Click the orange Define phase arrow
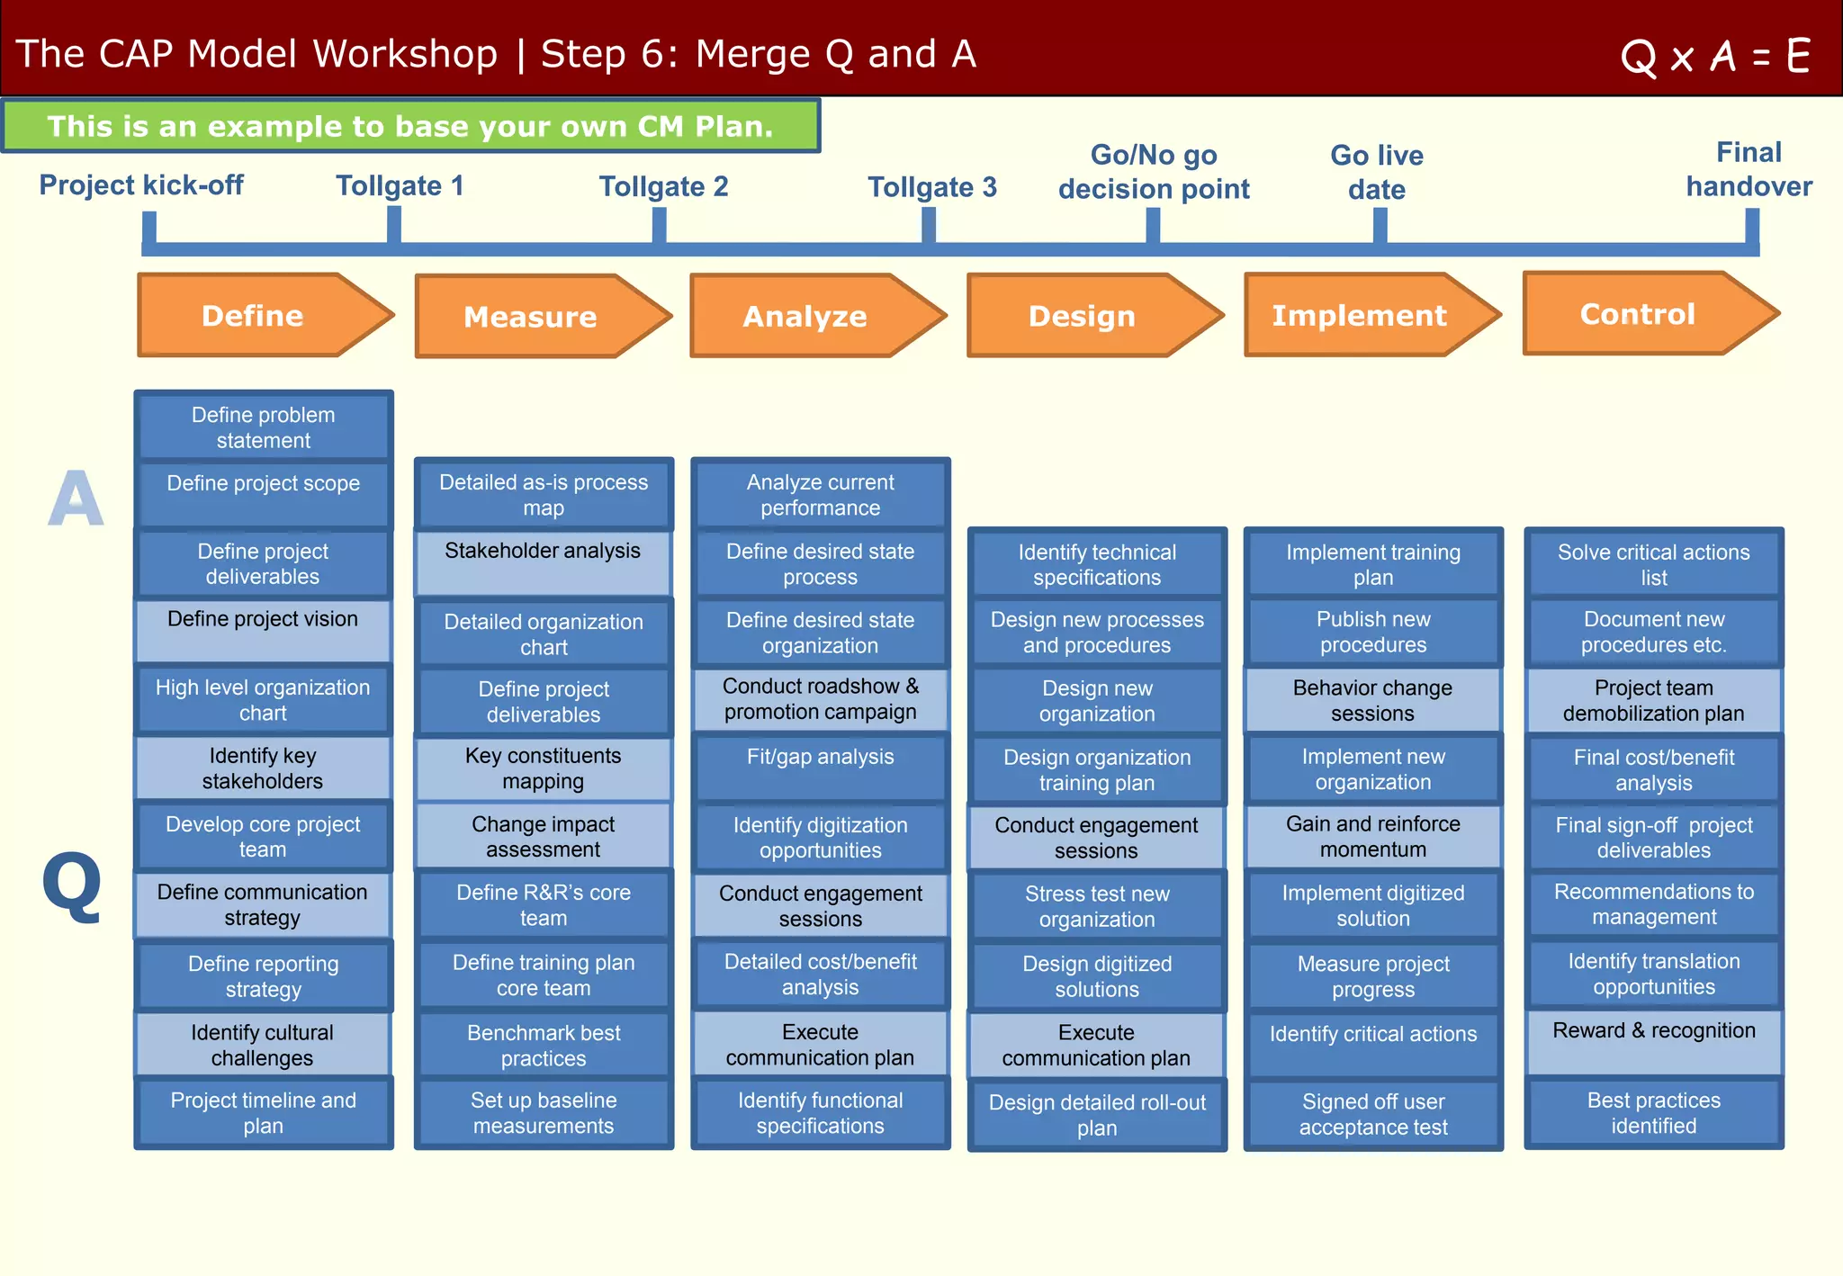tap(261, 316)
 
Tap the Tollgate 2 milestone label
tap(663, 186)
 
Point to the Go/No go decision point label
tap(1154, 172)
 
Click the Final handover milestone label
tap(1748, 169)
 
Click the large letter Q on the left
tap(72, 885)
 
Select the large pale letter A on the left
tap(76, 499)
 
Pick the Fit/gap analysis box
tap(820, 768)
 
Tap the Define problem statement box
tap(263, 427)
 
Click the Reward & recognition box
tap(1653, 1042)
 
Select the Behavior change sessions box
tap(1372, 700)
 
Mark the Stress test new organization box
tap(1096, 906)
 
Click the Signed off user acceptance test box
tap(1372, 1114)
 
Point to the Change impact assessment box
tap(543, 836)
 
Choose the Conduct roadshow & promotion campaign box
tap(820, 699)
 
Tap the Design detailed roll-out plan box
tap(1096, 1115)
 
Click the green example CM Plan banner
tap(410, 126)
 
